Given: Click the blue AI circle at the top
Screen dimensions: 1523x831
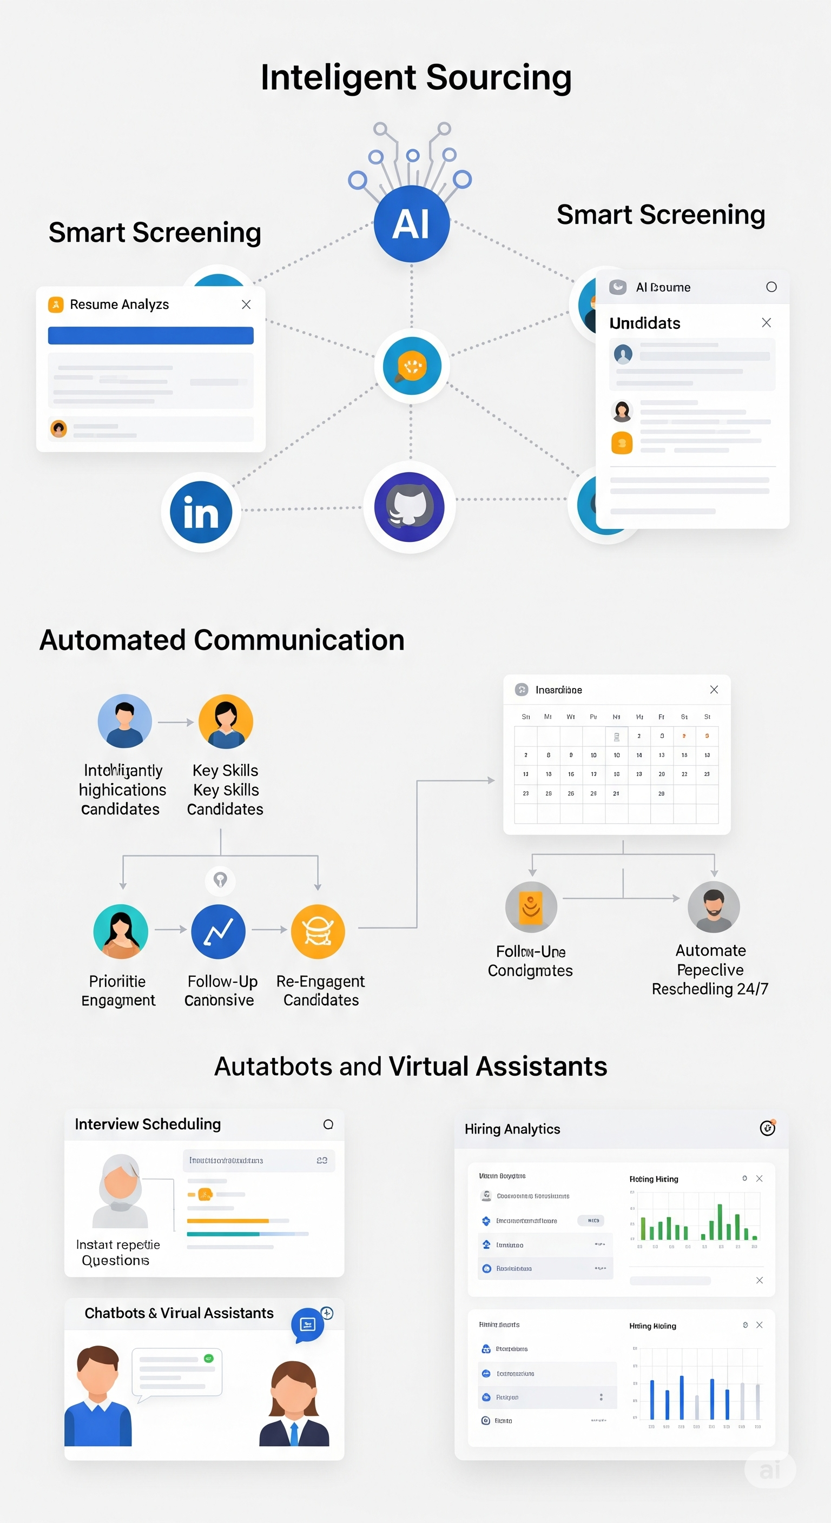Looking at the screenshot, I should point(412,223).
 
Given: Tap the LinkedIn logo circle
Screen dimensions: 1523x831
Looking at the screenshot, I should point(201,512).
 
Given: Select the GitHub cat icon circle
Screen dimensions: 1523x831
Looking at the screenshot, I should point(410,507).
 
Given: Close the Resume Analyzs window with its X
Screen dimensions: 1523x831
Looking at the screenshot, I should point(246,304).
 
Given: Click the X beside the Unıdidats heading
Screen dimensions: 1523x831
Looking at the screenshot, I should point(766,323).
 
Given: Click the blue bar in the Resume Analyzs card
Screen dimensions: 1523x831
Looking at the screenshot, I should point(151,336).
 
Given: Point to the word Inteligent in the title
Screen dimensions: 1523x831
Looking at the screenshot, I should point(338,77).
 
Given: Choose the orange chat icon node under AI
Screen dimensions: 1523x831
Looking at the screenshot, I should point(412,366).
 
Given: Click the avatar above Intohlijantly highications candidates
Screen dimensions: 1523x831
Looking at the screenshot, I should point(125,721).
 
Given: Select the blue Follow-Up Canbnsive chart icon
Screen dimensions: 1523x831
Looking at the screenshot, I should point(218,931).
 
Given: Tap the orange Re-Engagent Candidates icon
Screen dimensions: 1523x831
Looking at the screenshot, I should point(318,931).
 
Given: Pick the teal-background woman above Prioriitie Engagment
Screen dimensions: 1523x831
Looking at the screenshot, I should point(121,931).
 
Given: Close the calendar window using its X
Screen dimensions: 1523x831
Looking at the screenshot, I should point(714,690).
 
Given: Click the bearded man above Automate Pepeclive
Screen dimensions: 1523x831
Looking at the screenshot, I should point(713,907).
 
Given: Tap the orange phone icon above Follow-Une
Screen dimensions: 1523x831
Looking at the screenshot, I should point(531,907).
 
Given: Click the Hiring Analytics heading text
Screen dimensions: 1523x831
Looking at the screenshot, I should point(512,1129).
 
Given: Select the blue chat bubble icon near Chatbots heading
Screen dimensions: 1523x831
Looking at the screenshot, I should point(307,1325).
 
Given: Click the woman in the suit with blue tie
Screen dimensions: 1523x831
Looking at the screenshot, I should point(294,1404).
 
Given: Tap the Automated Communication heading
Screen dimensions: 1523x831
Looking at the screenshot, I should point(222,640).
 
